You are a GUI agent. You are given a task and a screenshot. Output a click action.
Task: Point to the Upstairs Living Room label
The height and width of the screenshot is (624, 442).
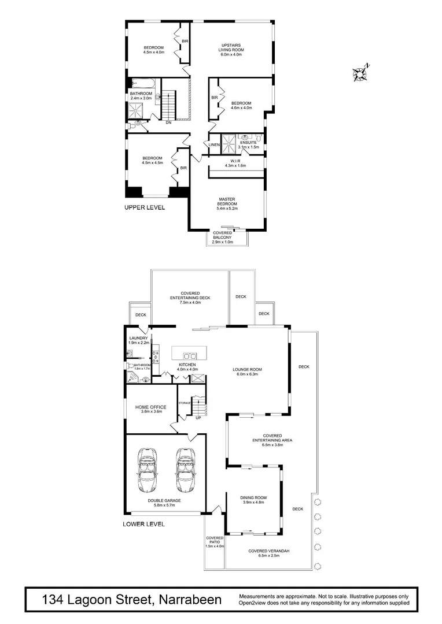tap(231, 48)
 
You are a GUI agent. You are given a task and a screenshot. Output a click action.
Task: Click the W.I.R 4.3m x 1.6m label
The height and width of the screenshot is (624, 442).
tap(235, 163)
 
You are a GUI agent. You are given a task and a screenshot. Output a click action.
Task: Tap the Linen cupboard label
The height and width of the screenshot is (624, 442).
tap(214, 144)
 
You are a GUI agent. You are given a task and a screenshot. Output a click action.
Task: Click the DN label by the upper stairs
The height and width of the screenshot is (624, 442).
tap(168, 122)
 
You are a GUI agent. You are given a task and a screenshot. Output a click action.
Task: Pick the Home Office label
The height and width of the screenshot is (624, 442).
tap(151, 410)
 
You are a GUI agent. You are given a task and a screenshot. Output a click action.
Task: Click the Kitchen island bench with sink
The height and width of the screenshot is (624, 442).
tap(189, 354)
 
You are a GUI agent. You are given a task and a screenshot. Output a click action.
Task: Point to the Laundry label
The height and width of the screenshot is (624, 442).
tap(139, 340)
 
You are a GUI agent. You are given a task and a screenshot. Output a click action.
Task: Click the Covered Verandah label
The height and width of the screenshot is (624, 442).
tap(269, 554)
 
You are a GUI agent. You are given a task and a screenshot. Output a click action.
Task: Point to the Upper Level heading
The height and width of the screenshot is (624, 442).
tap(145, 207)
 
